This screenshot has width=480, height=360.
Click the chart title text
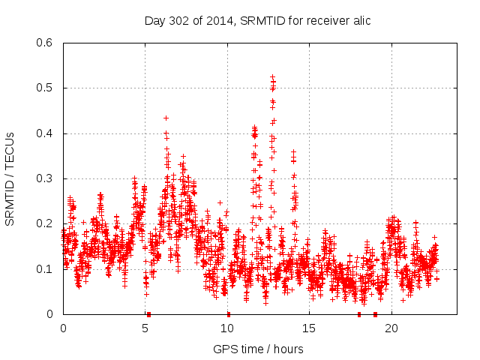[x=257, y=20]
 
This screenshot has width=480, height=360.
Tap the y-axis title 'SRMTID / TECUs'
[x=10, y=179]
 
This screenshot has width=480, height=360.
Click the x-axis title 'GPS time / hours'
[x=258, y=349]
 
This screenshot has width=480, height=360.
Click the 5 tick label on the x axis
[x=145, y=328]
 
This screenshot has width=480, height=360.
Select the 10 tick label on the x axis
[x=226, y=328]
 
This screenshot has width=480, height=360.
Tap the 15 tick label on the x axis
[x=309, y=328]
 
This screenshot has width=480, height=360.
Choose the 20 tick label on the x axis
[x=391, y=328]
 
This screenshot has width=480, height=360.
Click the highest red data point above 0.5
[x=272, y=76]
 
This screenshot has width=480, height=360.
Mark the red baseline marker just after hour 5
[x=148, y=314]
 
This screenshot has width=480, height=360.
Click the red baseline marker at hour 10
[x=228, y=314]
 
